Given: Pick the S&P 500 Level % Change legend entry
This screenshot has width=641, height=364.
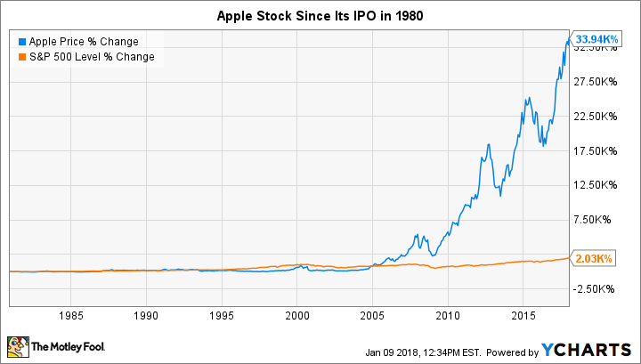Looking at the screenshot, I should tap(86, 57).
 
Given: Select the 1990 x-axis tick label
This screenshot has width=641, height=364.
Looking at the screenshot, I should tap(147, 315).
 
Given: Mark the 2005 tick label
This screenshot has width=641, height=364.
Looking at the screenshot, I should tap(373, 315).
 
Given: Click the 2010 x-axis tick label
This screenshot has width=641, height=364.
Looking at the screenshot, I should tap(449, 315).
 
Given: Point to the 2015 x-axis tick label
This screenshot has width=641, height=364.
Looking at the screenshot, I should tap(523, 315).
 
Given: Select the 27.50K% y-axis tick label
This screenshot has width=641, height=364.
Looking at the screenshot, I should tap(595, 82).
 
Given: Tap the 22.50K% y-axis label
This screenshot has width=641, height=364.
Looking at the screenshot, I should tap(595, 117).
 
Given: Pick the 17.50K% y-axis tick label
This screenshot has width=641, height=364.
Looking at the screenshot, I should tap(595, 151).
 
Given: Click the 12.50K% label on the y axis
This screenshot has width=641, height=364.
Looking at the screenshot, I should tap(595, 185).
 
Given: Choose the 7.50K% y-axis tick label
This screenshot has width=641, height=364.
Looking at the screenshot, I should tap(597, 220).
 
